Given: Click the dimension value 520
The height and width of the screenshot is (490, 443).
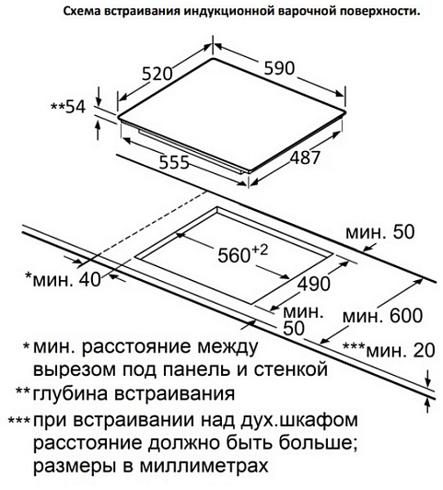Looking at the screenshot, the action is coord(157,75).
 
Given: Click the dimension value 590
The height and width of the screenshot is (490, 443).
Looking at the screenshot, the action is coord(279,68).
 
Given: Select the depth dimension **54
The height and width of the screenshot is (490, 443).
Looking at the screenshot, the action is coord(68,107).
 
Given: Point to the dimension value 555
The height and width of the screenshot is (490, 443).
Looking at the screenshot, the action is coord(174,162).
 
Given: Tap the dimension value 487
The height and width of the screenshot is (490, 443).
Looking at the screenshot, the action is coord(305,157).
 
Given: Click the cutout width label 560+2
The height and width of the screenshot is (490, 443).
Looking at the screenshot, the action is coord(243,254).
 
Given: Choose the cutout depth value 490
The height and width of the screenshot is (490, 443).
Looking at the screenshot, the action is coord(314,284).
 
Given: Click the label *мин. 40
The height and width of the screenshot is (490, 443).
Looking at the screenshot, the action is coord(64,279).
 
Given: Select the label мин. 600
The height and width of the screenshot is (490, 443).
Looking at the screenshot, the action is coord(383,316).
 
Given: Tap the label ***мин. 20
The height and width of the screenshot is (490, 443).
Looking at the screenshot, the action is coord(389,350).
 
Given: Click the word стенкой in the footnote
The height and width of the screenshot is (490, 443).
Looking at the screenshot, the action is coord(290,369).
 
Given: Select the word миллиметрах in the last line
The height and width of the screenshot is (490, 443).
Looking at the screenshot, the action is coord(204,466).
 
